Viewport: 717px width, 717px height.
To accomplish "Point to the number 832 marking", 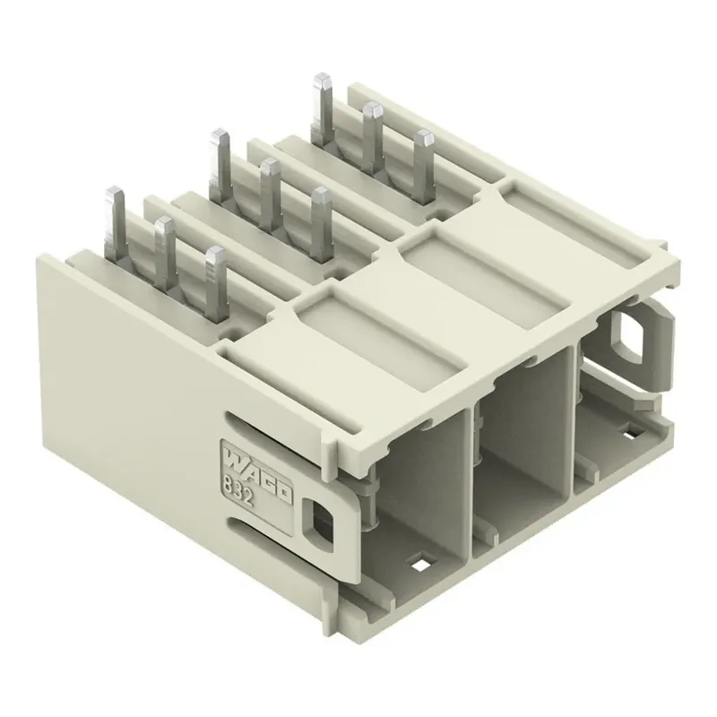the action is [238, 489].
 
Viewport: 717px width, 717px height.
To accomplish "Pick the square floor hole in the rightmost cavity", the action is [627, 434].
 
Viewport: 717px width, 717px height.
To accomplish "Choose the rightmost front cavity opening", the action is [618, 394].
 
